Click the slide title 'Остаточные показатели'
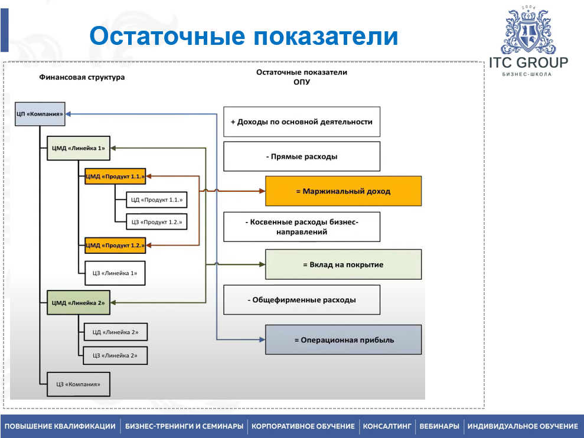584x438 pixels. point(243,36)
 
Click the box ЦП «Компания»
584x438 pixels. point(40,113)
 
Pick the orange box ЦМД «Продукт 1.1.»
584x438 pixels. point(115,175)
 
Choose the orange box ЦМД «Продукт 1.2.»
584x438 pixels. point(115,244)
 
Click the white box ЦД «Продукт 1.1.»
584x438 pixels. point(156,200)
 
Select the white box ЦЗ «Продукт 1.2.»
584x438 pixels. point(156,222)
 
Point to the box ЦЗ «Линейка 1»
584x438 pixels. point(115,273)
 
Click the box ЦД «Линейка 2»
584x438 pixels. point(115,332)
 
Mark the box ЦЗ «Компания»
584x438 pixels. point(78,384)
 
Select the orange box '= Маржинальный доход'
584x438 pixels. point(343,191)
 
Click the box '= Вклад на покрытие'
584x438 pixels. point(343,264)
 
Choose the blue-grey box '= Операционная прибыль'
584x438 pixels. point(343,339)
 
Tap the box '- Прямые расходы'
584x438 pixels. point(301,157)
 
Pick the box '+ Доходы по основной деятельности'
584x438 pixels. point(301,122)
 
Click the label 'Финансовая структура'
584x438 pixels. point(82,77)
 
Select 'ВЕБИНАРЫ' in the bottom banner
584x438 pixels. point(439,426)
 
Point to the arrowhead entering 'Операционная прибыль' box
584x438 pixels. point(262,339)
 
